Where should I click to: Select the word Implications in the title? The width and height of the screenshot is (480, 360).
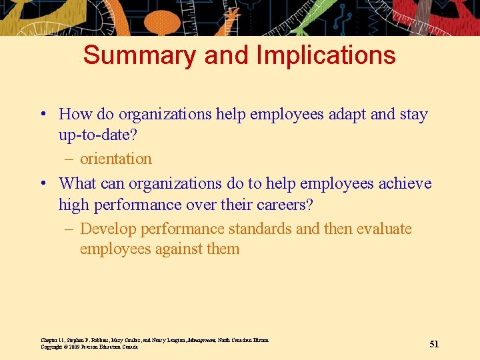click(x=327, y=55)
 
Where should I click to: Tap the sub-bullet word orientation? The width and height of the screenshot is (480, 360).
click(x=116, y=159)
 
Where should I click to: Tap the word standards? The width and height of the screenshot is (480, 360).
click(x=260, y=229)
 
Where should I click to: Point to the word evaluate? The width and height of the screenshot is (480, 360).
click(x=384, y=229)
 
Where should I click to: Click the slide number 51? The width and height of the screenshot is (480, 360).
click(x=434, y=344)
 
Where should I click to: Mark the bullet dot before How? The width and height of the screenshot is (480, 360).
click(x=42, y=115)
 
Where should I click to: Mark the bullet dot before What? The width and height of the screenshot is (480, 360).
click(x=42, y=184)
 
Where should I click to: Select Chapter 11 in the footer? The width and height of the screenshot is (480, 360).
click(x=53, y=340)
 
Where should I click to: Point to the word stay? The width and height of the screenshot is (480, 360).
click(x=413, y=114)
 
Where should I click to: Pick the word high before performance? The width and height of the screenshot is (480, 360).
click(x=74, y=205)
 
